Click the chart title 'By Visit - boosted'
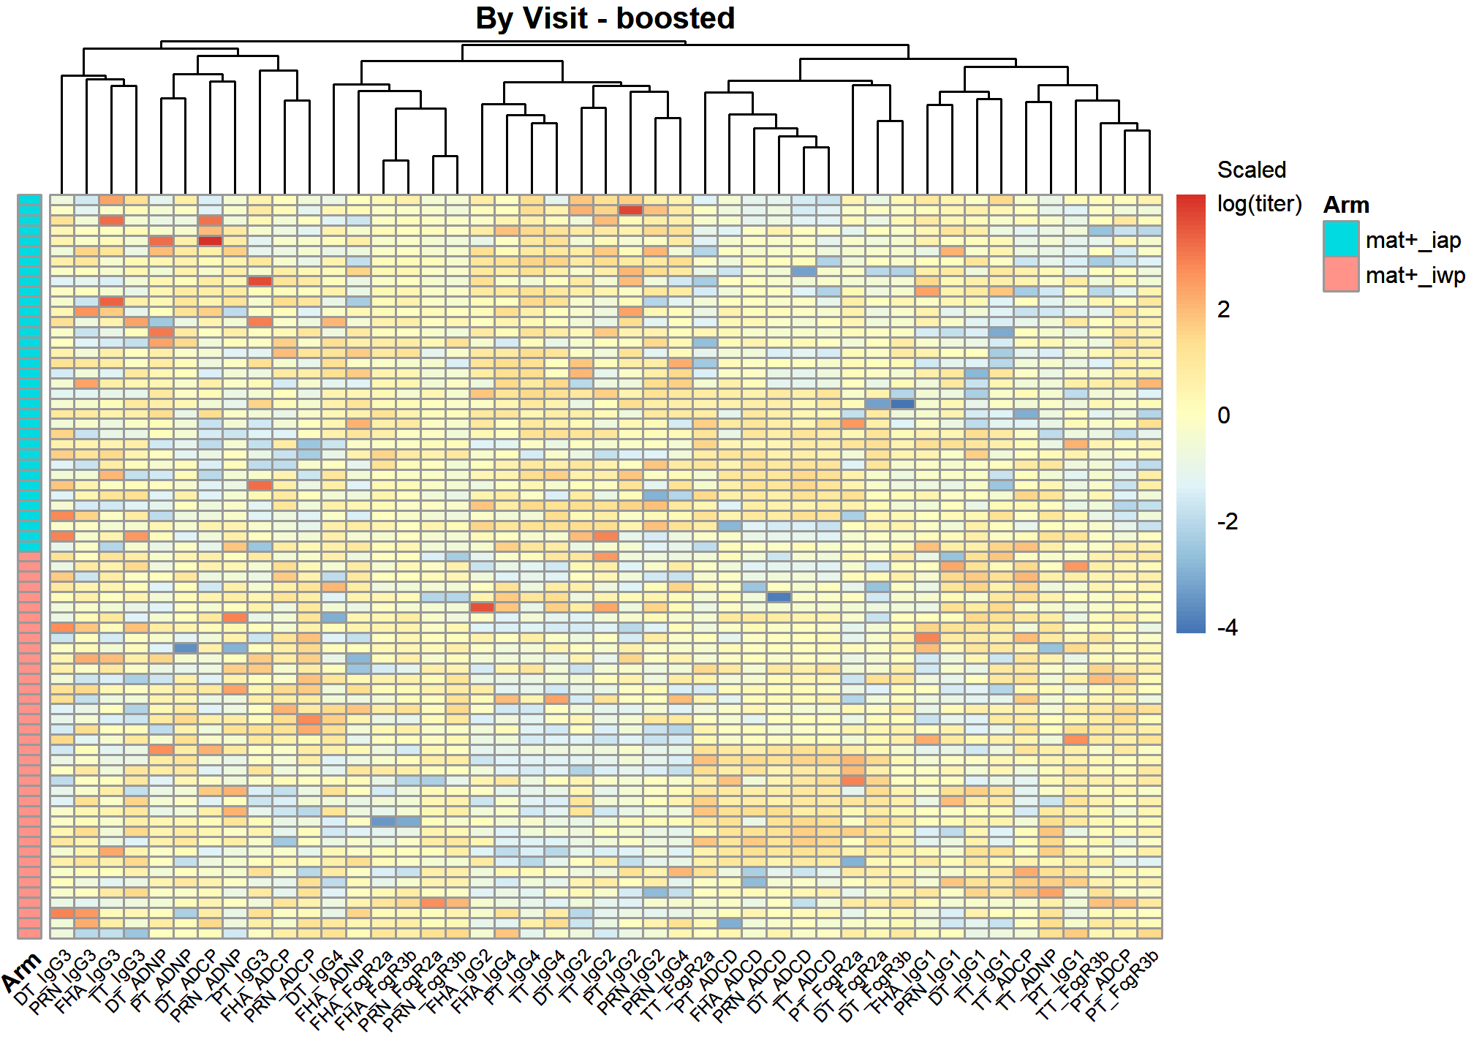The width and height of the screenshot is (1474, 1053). (x=605, y=18)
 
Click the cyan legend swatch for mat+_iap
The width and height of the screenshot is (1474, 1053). (x=1341, y=239)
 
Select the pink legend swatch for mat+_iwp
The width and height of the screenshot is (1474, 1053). (x=1341, y=274)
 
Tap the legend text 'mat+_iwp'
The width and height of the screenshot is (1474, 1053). (x=1415, y=276)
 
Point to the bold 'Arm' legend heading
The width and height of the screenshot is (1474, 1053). (x=1346, y=205)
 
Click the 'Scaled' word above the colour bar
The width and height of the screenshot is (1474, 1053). (x=1251, y=170)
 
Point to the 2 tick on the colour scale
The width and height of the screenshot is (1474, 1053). (x=1224, y=309)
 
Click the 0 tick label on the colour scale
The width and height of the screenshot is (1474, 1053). (x=1224, y=415)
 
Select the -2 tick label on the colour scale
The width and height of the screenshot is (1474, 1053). (x=1228, y=521)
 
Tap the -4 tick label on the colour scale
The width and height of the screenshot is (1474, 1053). (x=1228, y=627)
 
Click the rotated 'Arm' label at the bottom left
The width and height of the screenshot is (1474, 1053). (x=22, y=973)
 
